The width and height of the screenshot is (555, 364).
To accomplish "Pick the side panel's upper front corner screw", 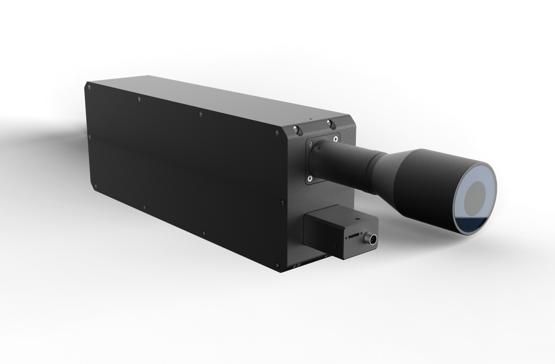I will click(277, 133).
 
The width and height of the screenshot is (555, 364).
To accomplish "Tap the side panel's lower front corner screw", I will click(277, 264).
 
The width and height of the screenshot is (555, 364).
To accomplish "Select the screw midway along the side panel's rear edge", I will click(90, 136).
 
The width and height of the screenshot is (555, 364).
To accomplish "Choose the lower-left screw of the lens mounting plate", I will click(309, 178).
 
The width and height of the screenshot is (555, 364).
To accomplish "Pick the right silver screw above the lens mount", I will click(329, 123).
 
